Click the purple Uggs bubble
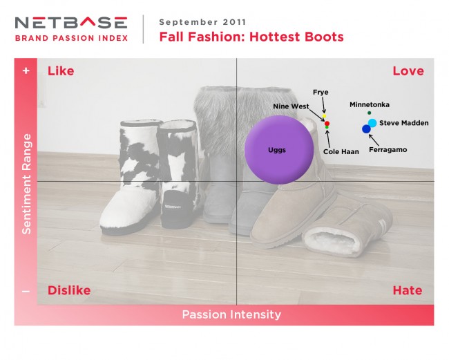click(x=279, y=150)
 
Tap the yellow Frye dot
click(x=324, y=116)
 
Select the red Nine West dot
click(x=327, y=124)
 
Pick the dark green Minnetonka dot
click(x=369, y=113)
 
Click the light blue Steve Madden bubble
click(x=372, y=123)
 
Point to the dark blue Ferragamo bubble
click(x=366, y=129)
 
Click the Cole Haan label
click(x=341, y=151)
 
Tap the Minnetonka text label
click(x=370, y=104)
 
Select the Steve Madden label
click(x=404, y=123)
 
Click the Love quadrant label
click(x=408, y=70)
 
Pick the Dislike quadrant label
click(x=69, y=290)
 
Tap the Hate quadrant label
click(x=407, y=290)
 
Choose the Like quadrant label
click(x=61, y=70)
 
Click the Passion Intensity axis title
click(x=231, y=314)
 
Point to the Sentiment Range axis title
click(x=26, y=184)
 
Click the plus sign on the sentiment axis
click(x=26, y=70)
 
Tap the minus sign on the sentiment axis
click(x=26, y=292)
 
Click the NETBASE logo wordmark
click(x=71, y=23)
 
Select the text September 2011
click(x=202, y=22)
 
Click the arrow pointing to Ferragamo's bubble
click(x=374, y=140)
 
